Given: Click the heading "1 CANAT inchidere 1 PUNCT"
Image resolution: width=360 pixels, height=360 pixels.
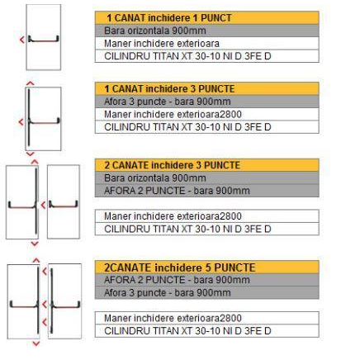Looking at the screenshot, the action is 169,18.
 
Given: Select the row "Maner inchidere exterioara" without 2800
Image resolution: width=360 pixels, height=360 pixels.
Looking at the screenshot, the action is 162,44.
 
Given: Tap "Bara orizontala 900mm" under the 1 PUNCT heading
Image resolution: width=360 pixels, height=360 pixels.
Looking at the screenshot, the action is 155,31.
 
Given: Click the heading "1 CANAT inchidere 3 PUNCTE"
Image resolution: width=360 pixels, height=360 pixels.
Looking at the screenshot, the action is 169,89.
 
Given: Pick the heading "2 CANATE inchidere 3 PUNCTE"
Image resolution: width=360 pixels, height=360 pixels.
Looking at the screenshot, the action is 172,165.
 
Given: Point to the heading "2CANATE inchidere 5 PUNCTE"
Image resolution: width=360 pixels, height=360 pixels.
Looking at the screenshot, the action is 180,268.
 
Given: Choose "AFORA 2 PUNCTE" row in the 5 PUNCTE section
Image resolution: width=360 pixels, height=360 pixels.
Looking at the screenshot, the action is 177,280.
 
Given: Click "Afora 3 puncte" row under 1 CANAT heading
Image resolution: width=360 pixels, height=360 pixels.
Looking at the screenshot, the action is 168,102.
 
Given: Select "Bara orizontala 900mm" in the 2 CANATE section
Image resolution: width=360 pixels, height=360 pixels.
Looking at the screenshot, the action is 155,178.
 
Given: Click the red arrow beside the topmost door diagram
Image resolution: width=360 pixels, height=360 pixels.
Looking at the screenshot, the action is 22,40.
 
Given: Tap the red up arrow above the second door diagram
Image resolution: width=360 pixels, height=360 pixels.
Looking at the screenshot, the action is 30,83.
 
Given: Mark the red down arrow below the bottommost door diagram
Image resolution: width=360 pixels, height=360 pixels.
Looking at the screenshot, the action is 36,343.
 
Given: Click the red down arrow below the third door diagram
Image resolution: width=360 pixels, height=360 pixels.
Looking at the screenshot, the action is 35,244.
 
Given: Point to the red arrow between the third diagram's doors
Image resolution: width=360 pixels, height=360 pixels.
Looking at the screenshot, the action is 43,205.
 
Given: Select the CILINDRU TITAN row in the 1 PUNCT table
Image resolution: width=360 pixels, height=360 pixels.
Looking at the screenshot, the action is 187,56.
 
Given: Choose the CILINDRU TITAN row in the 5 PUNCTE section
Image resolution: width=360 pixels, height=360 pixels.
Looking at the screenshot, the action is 187,331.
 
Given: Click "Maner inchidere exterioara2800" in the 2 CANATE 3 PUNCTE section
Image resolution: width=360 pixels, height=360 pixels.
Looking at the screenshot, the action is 173,216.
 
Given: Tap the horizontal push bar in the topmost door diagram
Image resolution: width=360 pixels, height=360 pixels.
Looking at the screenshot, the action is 44,40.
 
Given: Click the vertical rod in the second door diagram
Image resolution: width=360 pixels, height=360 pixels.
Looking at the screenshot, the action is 29,117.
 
